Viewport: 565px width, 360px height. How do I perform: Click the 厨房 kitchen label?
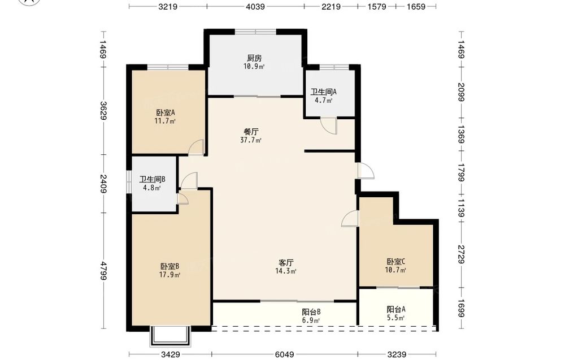click(x=254, y=58)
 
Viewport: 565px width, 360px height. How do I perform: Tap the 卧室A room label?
click(x=166, y=113)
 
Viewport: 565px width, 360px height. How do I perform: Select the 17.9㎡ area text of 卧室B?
click(x=169, y=275)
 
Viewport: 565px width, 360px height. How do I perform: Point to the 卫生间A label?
click(x=324, y=92)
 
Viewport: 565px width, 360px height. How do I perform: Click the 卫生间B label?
click(x=153, y=179)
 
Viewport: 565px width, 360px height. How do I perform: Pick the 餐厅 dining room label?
click(x=251, y=132)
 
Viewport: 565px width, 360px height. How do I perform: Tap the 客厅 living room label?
click(x=286, y=263)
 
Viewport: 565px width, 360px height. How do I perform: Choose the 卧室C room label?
click(x=396, y=262)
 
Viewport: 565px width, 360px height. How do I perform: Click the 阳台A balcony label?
click(x=396, y=309)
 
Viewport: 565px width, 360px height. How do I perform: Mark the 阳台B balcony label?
click(x=311, y=312)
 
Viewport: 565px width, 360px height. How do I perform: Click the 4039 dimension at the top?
click(x=255, y=6)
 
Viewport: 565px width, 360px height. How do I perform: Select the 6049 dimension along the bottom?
click(x=285, y=354)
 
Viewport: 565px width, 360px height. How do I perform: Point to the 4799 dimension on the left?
click(x=104, y=271)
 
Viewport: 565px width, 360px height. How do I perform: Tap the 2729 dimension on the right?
click(x=461, y=254)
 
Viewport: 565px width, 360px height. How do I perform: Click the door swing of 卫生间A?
click(x=329, y=125)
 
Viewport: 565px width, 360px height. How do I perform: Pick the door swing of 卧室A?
click(x=197, y=148)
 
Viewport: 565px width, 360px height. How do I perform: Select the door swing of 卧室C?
click(x=350, y=219)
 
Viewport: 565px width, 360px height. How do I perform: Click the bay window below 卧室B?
click(x=169, y=336)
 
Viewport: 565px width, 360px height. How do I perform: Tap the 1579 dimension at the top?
click(x=377, y=6)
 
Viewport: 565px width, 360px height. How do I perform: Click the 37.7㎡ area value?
click(x=251, y=140)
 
